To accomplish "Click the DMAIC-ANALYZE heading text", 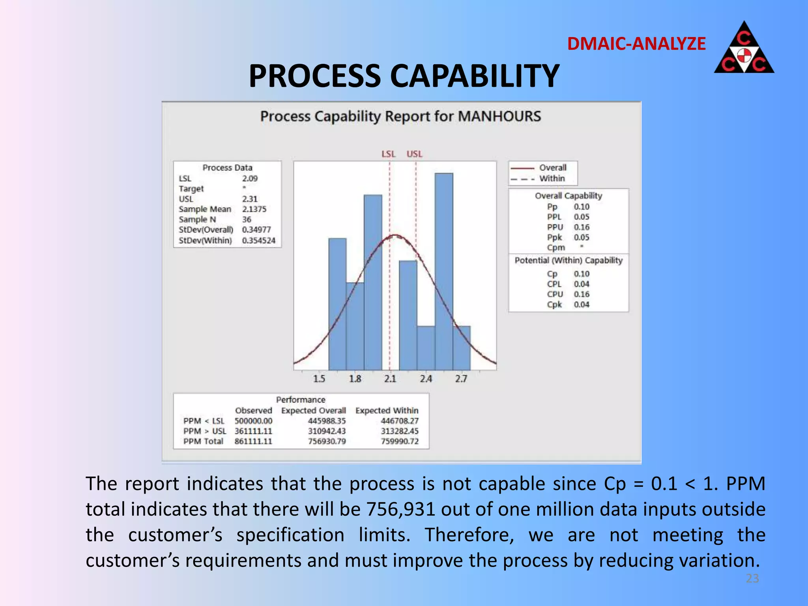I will pyautogui.click(x=636, y=44).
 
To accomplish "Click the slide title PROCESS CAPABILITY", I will pyautogui.click(x=404, y=76).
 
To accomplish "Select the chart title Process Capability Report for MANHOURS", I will pyautogui.click(x=400, y=116).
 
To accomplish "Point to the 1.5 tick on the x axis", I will pyautogui.click(x=319, y=379).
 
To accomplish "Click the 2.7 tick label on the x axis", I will pyautogui.click(x=461, y=379).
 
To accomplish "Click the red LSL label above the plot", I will pyautogui.click(x=388, y=154).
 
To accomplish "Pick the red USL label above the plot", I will pyautogui.click(x=414, y=154).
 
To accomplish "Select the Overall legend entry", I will pyautogui.click(x=552, y=168).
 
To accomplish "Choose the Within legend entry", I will pyautogui.click(x=552, y=178).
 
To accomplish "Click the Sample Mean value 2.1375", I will pyautogui.click(x=254, y=209).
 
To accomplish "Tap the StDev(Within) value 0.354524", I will pyautogui.click(x=258, y=240).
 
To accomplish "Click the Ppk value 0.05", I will pyautogui.click(x=581, y=238).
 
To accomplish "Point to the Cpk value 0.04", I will pyautogui.click(x=581, y=305).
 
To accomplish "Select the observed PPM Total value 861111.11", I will pyautogui.click(x=253, y=441).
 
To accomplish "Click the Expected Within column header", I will pyautogui.click(x=387, y=411).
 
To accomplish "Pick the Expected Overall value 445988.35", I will pyautogui.click(x=327, y=421).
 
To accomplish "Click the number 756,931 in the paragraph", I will pyautogui.click(x=400, y=509).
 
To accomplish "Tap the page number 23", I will pyautogui.click(x=752, y=578).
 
